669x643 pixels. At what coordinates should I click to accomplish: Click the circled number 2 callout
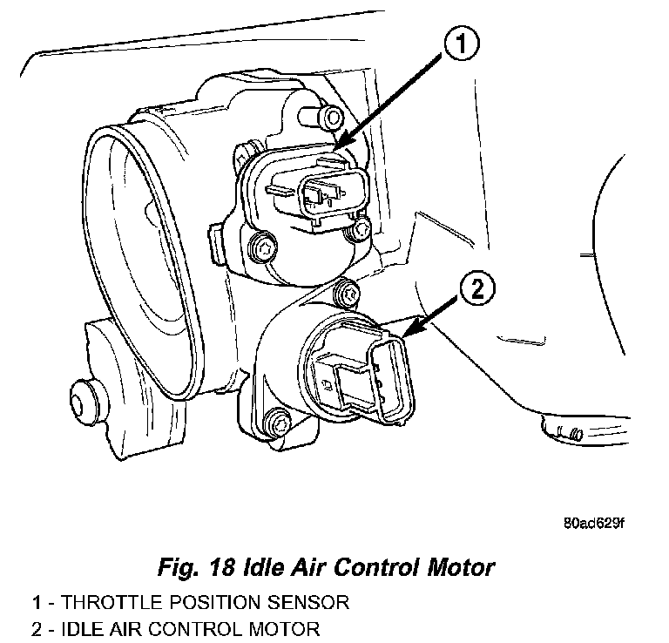point(478,288)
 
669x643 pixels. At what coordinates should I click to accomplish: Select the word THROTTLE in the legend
point(108,601)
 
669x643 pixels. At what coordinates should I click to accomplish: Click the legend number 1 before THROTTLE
point(36,601)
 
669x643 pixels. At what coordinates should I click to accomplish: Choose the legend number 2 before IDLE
point(36,628)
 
